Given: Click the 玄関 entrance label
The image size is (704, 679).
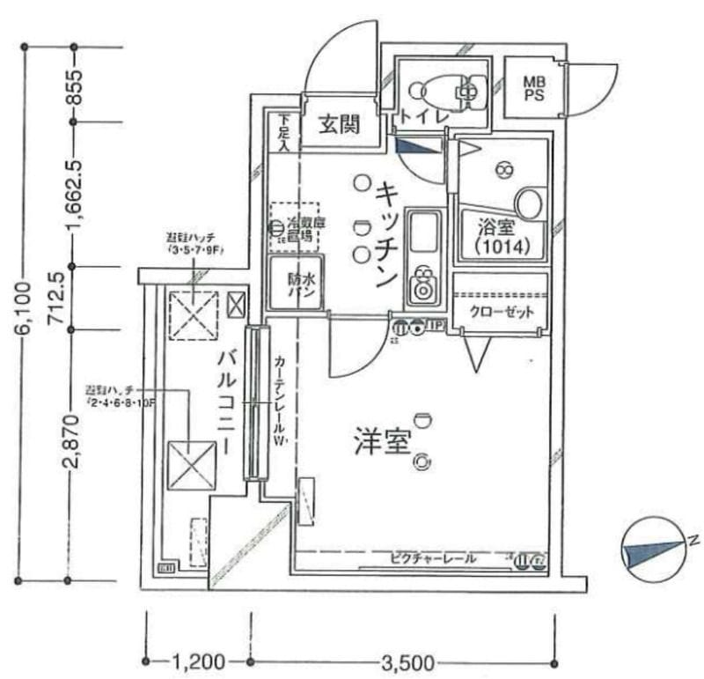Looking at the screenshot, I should (338, 125).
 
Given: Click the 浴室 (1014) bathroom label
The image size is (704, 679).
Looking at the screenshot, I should (499, 236).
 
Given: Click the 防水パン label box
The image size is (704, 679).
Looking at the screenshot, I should (296, 283).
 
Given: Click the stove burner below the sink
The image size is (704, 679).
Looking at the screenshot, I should (423, 284).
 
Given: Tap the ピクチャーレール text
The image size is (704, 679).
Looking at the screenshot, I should (434, 558).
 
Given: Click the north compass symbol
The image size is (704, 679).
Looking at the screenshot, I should (653, 552).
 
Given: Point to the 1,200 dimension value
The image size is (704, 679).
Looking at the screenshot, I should (199, 661).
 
